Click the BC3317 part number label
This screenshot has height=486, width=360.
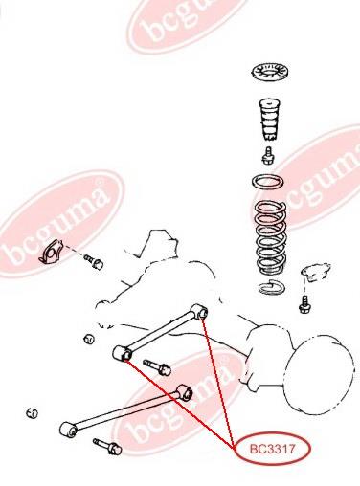tap(272, 450)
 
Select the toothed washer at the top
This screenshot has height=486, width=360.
tap(270, 73)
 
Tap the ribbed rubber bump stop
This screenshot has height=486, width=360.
tap(270, 120)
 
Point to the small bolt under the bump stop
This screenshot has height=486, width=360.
tap(268, 156)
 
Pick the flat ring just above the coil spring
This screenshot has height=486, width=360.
tap(268, 183)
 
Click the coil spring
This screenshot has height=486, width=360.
tap(271, 237)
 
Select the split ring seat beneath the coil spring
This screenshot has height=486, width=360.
tap(271, 287)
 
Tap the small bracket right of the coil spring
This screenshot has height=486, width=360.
tap(315, 273)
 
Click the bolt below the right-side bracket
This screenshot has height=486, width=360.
tap(304, 304)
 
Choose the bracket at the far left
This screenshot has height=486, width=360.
tap(50, 253)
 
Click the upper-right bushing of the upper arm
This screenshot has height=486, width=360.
tap(199, 312)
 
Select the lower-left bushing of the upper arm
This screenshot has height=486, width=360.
tap(122, 353)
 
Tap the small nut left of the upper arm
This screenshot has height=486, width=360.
tap(89, 339)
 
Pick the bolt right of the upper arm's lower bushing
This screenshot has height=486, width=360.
tap(157, 367)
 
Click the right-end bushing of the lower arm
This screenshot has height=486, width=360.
tap(184, 393)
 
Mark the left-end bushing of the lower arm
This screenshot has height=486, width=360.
tap(68, 430)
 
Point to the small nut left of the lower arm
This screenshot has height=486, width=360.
tap(32, 413)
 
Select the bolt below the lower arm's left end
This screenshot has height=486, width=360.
tap(107, 447)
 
